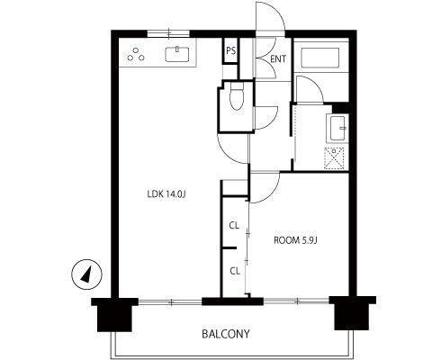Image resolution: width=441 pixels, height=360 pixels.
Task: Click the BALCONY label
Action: pos(226,334)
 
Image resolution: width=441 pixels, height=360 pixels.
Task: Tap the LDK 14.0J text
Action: pos(167,194)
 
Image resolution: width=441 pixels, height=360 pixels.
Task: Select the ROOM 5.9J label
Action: pos(295,240)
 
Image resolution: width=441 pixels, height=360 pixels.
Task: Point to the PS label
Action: pos(230,51)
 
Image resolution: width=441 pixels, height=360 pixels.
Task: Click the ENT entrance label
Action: pos(278,59)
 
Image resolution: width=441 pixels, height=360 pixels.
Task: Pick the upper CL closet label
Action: pos(234,225)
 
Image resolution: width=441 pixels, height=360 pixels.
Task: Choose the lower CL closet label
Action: pos(235,271)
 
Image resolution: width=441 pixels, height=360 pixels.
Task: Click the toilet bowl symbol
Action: pos(237,96)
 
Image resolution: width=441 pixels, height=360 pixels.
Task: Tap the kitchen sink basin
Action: pos(177,54)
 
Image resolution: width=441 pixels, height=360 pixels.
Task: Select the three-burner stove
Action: pos(136,54)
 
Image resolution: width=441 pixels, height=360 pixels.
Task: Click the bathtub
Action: pos(320,58)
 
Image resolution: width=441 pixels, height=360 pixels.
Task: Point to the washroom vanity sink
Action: pos(337,129)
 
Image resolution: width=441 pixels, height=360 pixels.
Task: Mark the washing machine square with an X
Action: pos(334,158)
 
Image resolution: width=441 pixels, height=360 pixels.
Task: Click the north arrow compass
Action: pos(86,274)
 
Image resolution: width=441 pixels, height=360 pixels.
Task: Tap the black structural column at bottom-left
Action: pos(114,314)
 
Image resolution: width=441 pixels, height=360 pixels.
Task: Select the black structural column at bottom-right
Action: pos(352,312)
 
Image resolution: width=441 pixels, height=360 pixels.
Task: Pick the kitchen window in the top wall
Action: pos(168,33)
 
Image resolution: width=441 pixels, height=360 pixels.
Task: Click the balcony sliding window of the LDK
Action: pos(170,301)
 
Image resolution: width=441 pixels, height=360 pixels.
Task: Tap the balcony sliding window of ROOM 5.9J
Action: pos(296,301)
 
